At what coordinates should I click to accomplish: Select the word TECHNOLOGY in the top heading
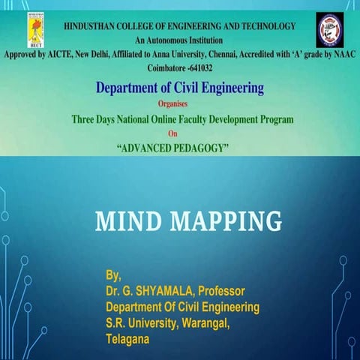[x=265, y=27]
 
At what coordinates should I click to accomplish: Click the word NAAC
[x=342, y=54]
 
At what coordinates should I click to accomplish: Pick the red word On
[x=179, y=133]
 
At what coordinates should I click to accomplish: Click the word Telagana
[x=128, y=339]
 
